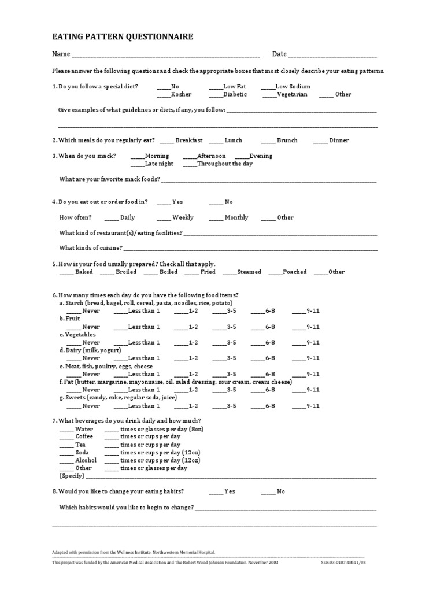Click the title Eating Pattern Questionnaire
123,37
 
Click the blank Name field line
165,55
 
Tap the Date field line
332,55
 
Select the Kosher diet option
174,94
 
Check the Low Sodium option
286,86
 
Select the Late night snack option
152,164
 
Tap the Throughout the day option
218,164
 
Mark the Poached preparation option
287,272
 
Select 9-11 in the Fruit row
306,327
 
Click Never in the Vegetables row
84,342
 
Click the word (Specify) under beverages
72,476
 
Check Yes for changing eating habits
222,491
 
